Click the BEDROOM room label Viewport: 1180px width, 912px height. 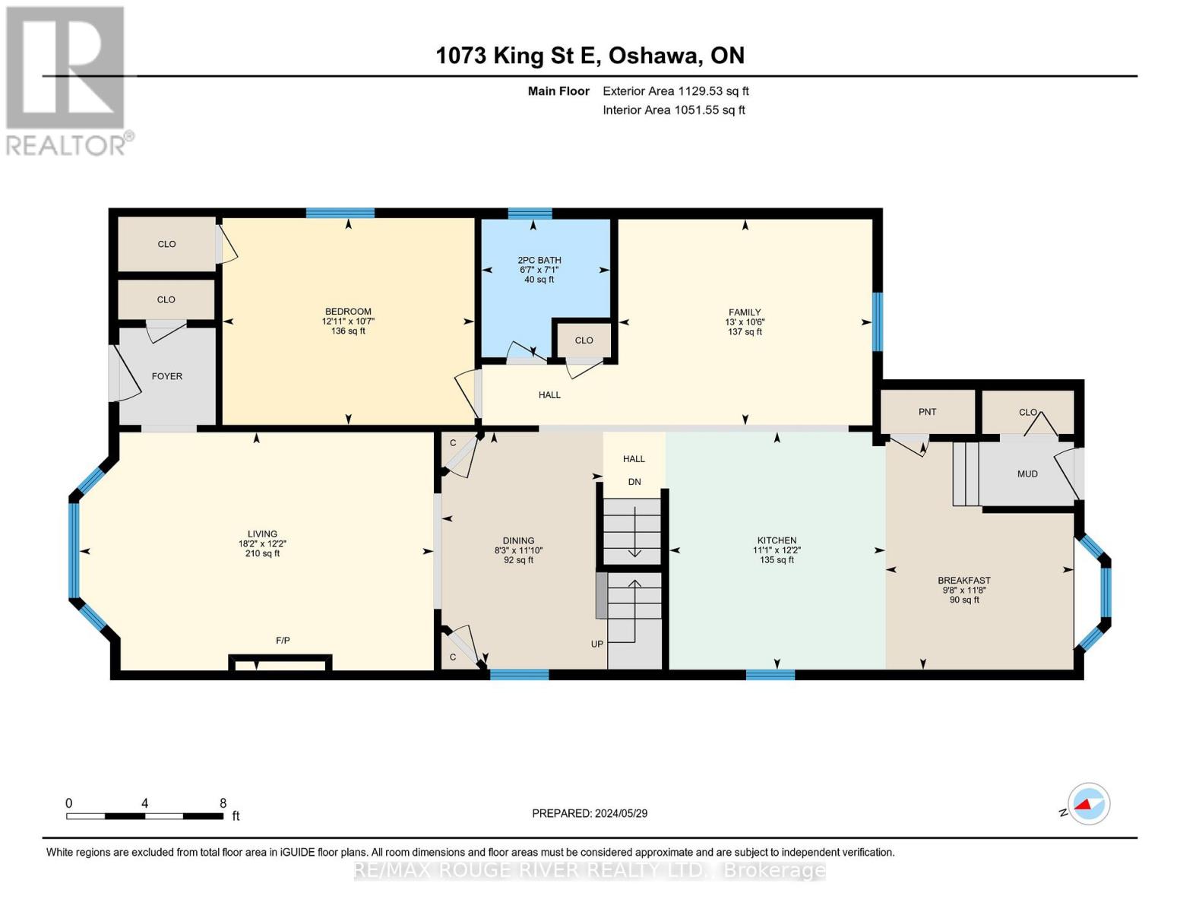tap(348, 311)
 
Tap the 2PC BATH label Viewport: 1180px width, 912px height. tap(539, 260)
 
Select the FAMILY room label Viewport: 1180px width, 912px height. tap(744, 312)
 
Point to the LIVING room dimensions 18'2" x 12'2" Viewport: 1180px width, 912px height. tap(262, 543)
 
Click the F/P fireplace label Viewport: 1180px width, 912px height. tap(283, 641)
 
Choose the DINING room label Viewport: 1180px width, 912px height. tap(518, 540)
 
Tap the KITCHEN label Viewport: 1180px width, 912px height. tap(777, 540)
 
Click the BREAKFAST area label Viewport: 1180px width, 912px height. tap(964, 580)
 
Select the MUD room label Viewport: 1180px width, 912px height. tap(1027, 473)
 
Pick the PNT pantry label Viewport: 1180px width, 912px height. tap(927, 412)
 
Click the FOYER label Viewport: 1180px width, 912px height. tap(167, 376)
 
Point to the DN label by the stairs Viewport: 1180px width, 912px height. tap(634, 482)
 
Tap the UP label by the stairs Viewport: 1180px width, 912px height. tap(597, 644)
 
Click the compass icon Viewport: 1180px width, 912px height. tap(1089, 804)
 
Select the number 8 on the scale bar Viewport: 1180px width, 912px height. tap(223, 803)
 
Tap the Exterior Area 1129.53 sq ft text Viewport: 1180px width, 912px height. tap(675, 91)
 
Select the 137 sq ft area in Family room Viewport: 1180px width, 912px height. tap(744, 331)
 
